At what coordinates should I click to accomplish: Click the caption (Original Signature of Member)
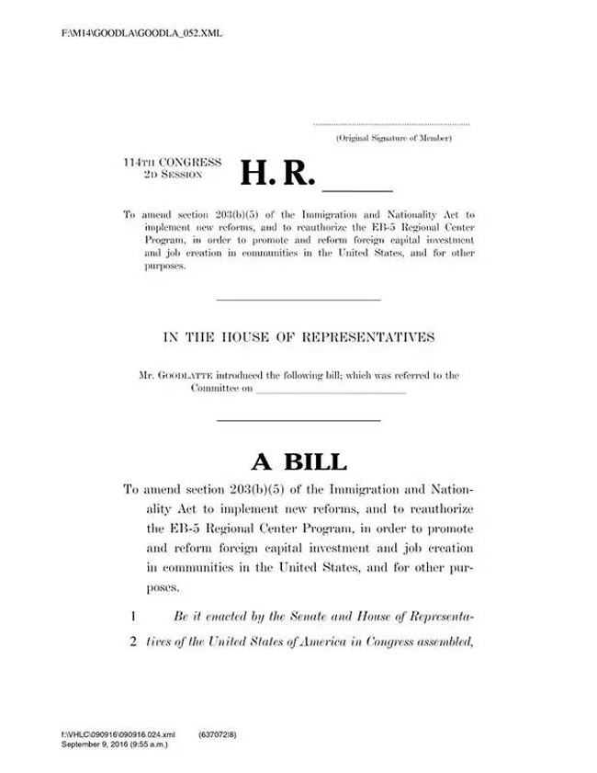pos(393,138)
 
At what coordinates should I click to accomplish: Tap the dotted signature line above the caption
pos(391,124)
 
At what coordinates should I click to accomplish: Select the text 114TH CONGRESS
pos(173,162)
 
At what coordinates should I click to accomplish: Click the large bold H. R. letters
pos(277,172)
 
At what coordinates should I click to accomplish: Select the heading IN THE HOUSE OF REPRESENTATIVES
pos(298,337)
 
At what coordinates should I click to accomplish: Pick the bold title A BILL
pos(299,461)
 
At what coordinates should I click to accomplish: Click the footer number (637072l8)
pos(218,735)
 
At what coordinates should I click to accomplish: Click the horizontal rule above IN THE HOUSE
pos(298,300)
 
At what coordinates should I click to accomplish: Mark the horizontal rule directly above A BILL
pos(298,421)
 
